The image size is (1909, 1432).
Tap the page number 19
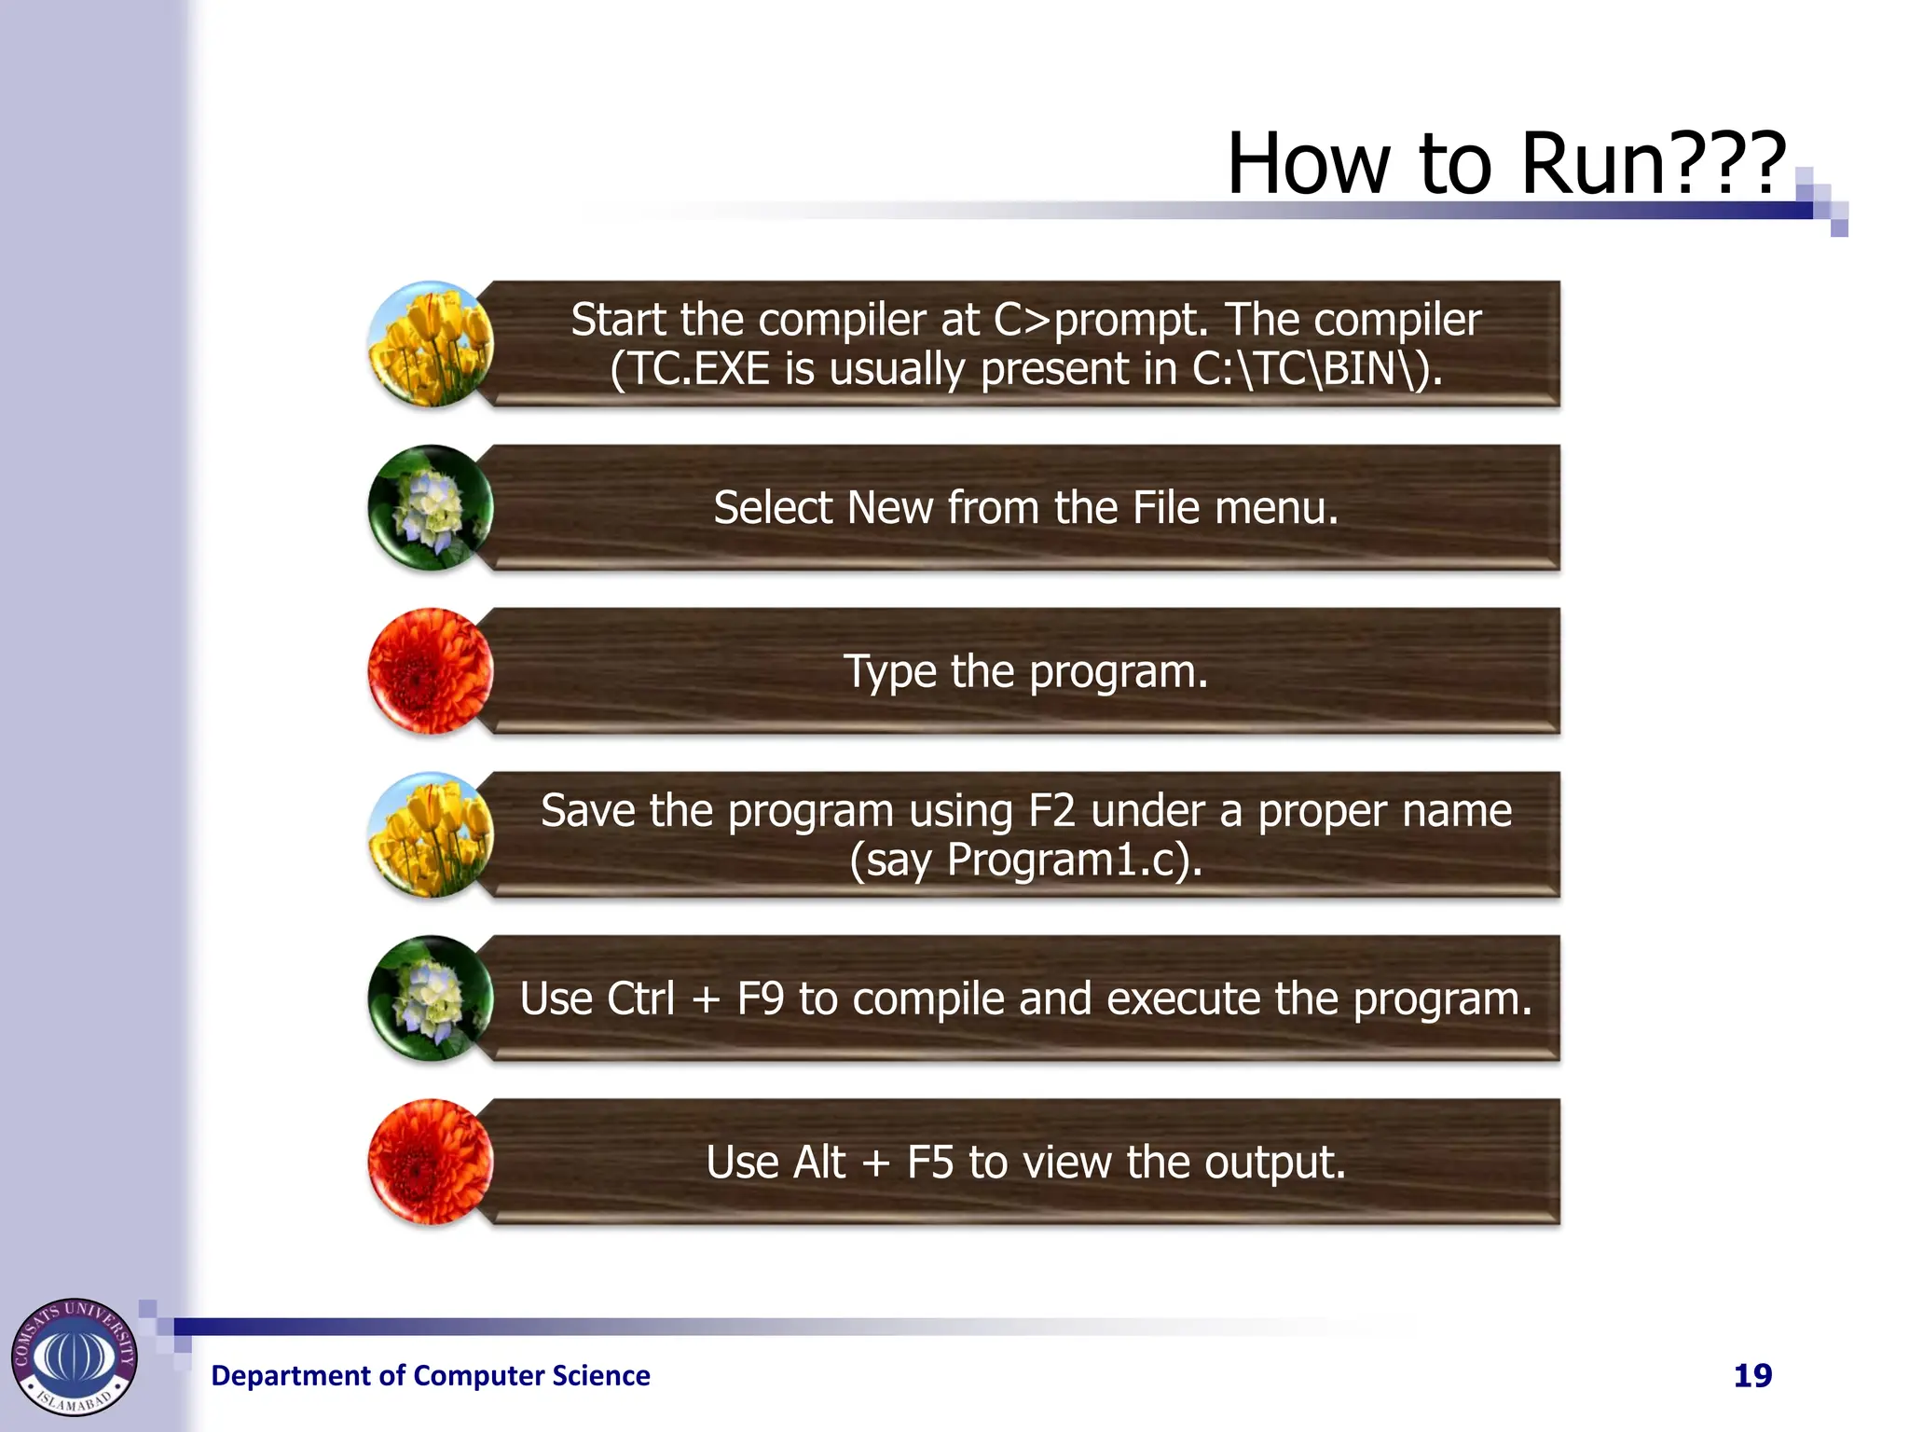pos(1752,1376)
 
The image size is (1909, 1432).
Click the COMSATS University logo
pos(74,1356)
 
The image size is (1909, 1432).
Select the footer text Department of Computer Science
pos(431,1376)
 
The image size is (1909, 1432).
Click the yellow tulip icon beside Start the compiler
pos(431,344)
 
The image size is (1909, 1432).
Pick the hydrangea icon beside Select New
pos(431,508)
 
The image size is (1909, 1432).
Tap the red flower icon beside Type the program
pos(431,671)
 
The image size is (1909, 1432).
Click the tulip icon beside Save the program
pos(431,834)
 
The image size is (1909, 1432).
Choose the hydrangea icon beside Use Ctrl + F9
pos(431,998)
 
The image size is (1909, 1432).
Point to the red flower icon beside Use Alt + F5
pos(431,1162)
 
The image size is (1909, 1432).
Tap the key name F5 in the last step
pos(930,1163)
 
